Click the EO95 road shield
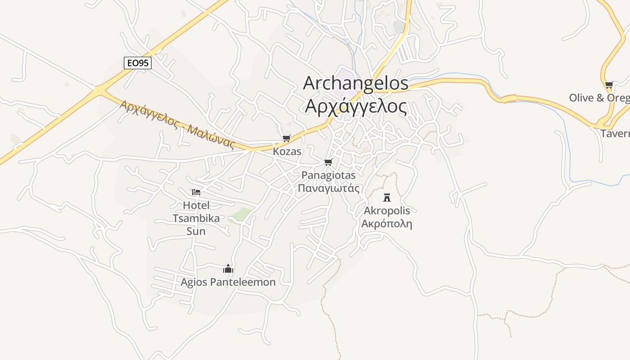tap(137, 63)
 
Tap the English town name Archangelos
tap(355, 83)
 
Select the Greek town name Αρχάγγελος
tap(355, 106)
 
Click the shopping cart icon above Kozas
tap(286, 138)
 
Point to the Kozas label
tap(287, 151)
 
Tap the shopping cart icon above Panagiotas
tap(328, 162)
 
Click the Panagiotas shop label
tap(328, 175)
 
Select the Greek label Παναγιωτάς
tap(328, 188)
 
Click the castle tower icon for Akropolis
tap(387, 197)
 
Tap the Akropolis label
tap(387, 210)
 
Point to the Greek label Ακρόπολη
tap(387, 223)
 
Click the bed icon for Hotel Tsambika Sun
tap(196, 192)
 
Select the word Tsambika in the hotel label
tap(196, 218)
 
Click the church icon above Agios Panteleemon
tap(228, 269)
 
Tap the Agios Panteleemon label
tap(228, 282)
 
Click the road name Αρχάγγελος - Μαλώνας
tap(178, 124)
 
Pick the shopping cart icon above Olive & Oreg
tap(609, 85)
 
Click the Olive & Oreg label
tap(599, 98)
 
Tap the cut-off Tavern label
tap(615, 134)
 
